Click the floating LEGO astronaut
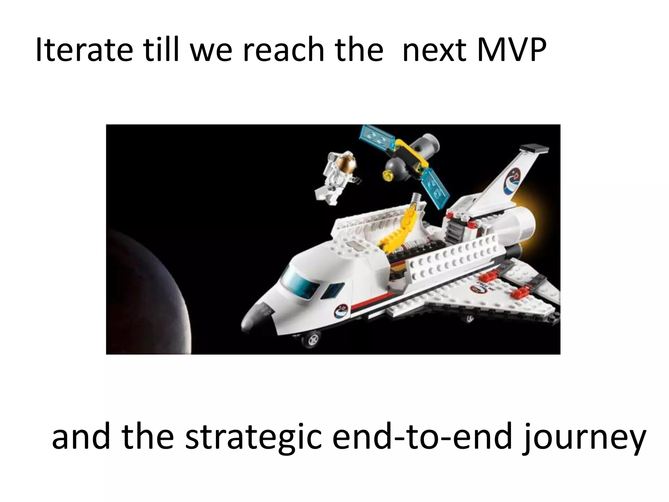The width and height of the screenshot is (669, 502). (x=336, y=176)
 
